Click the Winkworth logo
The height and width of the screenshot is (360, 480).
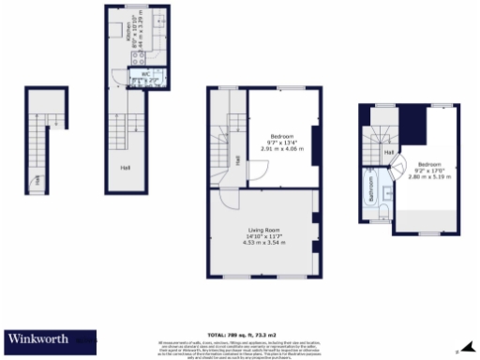42,339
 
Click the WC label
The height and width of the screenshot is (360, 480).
145,72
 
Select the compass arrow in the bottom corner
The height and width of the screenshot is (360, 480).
468,348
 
